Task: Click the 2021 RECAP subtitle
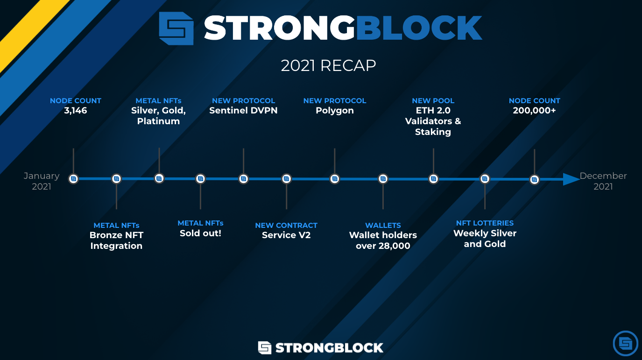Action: (328, 65)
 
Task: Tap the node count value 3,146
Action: (76, 111)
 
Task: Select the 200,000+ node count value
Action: (534, 111)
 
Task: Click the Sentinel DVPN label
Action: (243, 111)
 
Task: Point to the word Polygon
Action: (335, 111)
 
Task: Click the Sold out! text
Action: (200, 233)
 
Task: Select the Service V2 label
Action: (286, 235)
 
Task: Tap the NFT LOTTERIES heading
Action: (485, 223)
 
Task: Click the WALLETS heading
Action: (383, 225)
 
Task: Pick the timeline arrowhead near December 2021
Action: (571, 179)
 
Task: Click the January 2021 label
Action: (42, 181)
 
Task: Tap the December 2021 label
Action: (603, 181)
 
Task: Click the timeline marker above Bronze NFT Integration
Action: (116, 178)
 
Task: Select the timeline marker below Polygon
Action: (334, 178)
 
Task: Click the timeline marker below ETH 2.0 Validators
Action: (433, 178)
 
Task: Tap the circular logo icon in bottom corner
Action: (625, 343)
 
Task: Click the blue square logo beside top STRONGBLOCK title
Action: (176, 28)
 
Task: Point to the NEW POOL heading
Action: (433, 100)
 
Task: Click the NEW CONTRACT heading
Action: (286, 225)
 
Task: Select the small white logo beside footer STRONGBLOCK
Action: (265, 347)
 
